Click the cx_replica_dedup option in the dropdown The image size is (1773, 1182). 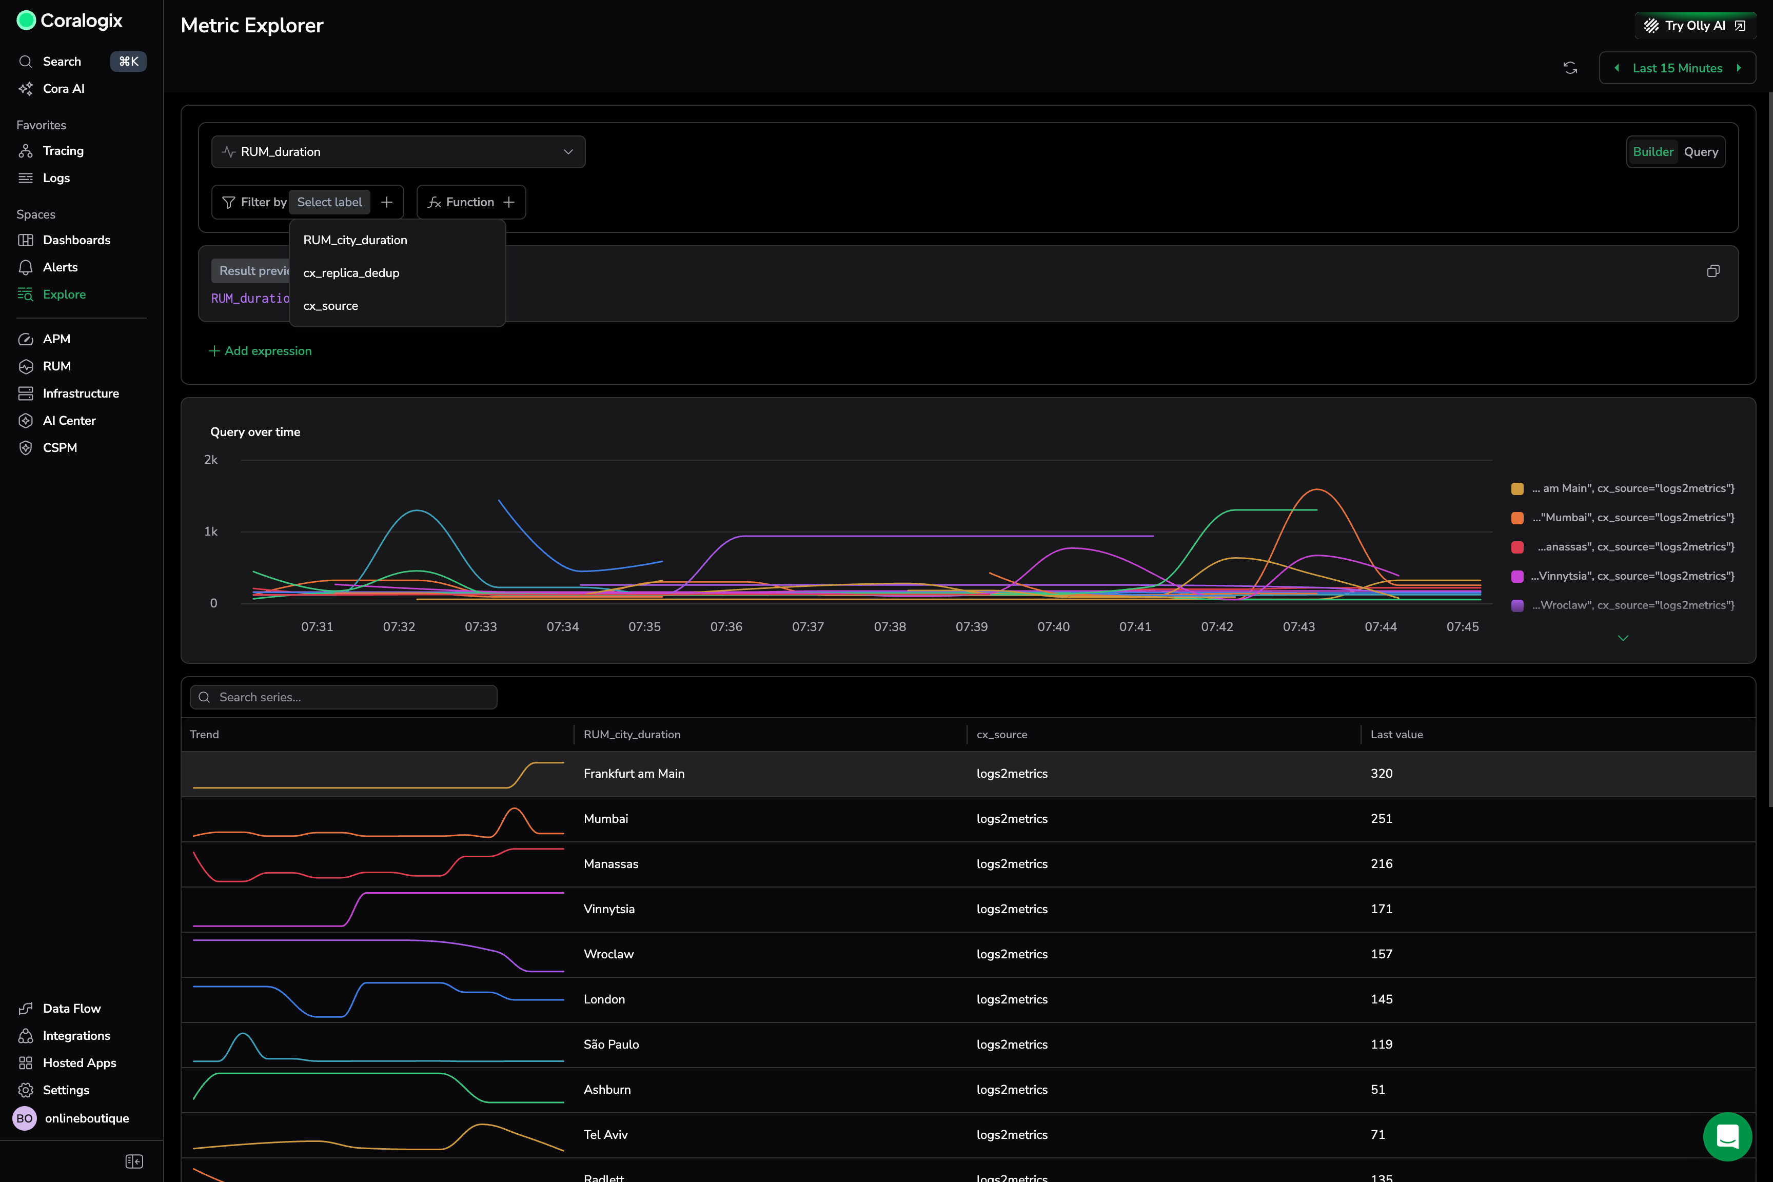351,273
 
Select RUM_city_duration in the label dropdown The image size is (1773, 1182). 355,240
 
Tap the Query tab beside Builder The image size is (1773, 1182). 1701,151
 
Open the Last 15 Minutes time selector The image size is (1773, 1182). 1677,68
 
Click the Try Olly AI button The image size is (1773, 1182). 1695,26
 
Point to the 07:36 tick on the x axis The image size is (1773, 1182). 726,626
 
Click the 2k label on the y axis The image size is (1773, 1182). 211,459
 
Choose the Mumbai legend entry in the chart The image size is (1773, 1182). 1632,517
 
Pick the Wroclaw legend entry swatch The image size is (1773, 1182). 1518,605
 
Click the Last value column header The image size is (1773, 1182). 1396,734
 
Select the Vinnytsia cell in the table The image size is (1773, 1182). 609,909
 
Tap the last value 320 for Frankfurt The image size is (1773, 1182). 1381,774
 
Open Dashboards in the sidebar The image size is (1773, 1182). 76,240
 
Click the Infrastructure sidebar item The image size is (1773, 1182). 81,393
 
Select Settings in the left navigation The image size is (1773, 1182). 66,1090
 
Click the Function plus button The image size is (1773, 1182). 509,202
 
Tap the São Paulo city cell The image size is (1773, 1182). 610,1044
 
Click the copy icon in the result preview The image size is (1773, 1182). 1712,271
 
